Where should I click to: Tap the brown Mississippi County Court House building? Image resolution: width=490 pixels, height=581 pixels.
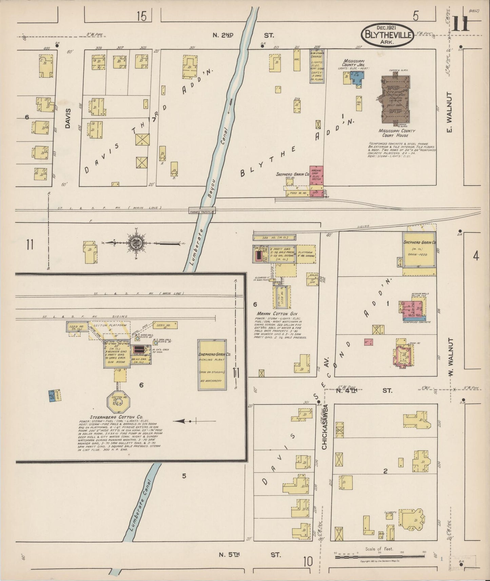click(395, 100)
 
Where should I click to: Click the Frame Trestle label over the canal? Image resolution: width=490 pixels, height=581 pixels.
click(202, 212)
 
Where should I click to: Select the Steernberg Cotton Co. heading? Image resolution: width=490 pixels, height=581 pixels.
click(116, 417)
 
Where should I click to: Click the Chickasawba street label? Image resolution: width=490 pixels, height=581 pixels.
click(325, 427)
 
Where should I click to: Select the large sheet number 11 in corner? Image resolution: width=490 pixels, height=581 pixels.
click(460, 24)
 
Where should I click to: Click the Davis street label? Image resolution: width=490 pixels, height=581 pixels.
click(68, 118)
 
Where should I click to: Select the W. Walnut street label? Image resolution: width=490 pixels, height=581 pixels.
click(451, 355)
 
